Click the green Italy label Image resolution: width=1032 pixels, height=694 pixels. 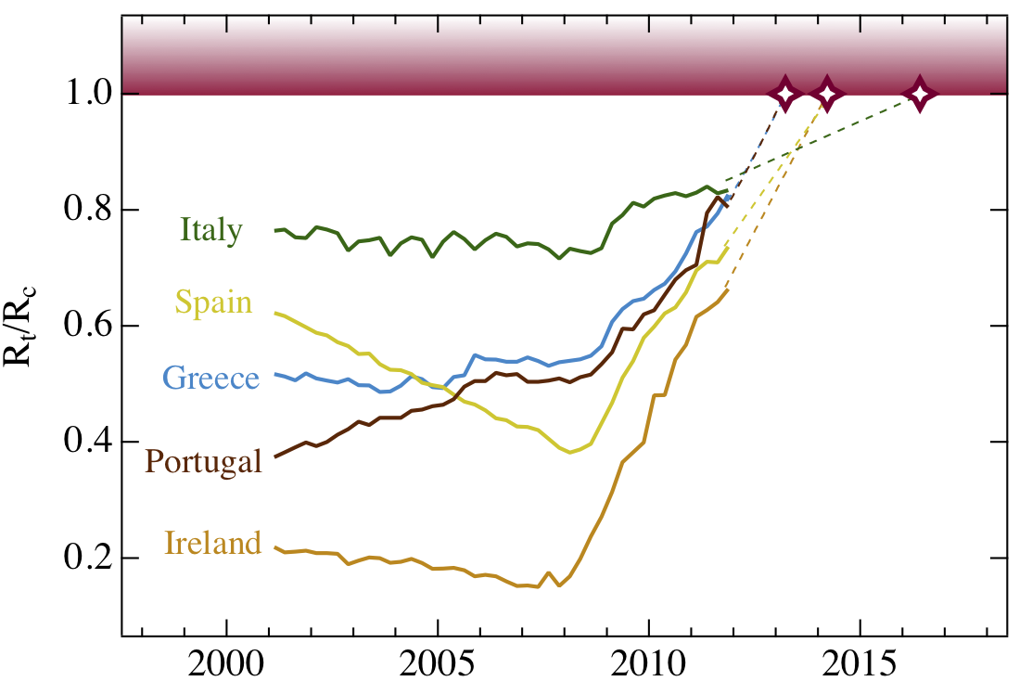pyautogui.click(x=211, y=230)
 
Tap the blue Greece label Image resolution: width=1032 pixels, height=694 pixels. pyautogui.click(x=210, y=379)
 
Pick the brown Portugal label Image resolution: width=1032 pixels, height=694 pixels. pyautogui.click(x=204, y=461)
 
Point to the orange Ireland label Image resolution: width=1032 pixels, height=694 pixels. pyautogui.click(x=212, y=543)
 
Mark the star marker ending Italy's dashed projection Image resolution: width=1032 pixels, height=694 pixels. pyautogui.click(x=919, y=95)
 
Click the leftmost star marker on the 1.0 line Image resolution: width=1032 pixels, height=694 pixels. pyautogui.click(x=785, y=95)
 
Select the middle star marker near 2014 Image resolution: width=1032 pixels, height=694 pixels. pyautogui.click(x=826, y=95)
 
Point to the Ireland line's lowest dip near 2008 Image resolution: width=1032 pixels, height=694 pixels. pyautogui.click(x=558, y=585)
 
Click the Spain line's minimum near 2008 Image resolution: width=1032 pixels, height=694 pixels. pyautogui.click(x=571, y=452)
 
